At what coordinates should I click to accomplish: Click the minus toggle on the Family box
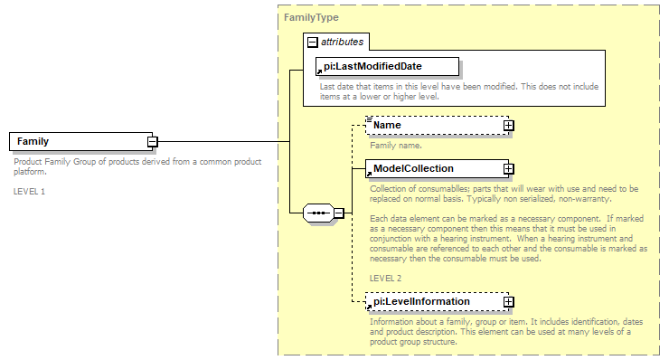click(153, 142)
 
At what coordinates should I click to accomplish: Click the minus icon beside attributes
click(312, 42)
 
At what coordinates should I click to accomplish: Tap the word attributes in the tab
click(342, 42)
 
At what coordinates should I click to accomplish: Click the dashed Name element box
click(433, 125)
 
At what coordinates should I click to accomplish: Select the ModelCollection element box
click(433, 168)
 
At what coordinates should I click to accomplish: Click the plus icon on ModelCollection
click(509, 168)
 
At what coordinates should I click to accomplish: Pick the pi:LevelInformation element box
click(433, 301)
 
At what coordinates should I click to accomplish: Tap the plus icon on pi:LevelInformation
click(509, 301)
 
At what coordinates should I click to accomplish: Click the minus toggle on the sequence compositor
click(339, 213)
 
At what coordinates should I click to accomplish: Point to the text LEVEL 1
click(29, 192)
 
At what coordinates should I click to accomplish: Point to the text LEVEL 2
click(385, 278)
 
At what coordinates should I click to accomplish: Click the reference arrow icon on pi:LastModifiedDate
click(319, 71)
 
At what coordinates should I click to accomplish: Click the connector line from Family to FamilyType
click(221, 142)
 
